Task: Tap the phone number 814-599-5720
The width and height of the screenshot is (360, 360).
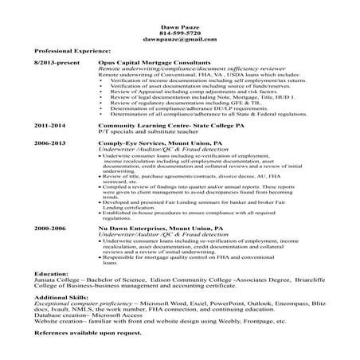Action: point(179,33)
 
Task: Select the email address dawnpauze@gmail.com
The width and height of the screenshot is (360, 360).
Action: point(179,39)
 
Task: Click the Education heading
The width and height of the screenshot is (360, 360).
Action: point(51,272)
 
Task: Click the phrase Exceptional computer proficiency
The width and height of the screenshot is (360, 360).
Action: point(84,303)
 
